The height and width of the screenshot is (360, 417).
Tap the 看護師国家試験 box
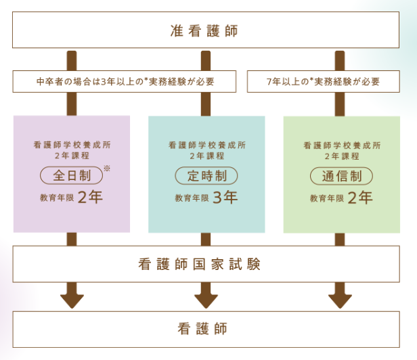click(208, 264)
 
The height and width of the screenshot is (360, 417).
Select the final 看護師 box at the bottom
click(208, 329)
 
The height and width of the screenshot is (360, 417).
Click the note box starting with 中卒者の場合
click(124, 82)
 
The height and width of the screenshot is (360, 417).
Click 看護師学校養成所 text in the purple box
click(72, 144)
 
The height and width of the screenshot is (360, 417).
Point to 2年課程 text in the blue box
click(206, 155)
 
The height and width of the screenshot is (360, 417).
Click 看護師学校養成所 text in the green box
click(342, 144)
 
